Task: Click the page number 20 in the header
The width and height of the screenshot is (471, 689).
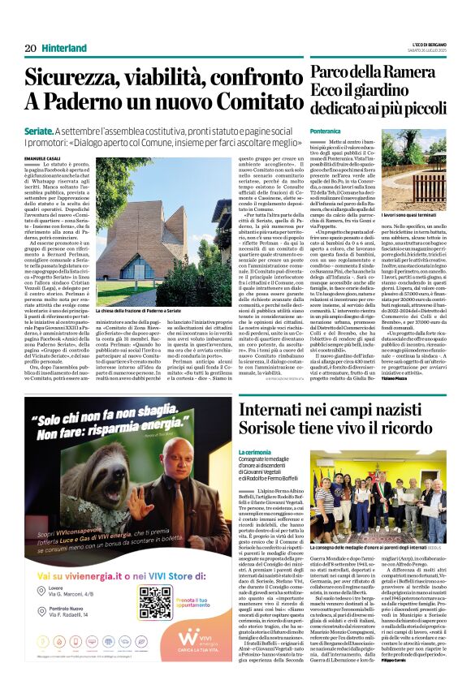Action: point(31,49)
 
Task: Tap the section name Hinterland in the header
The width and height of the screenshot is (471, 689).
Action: point(64,49)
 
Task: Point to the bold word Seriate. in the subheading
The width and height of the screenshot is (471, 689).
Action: point(40,130)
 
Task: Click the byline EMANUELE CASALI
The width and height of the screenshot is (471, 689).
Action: point(41,157)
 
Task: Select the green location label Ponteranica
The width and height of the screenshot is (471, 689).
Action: point(325,131)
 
